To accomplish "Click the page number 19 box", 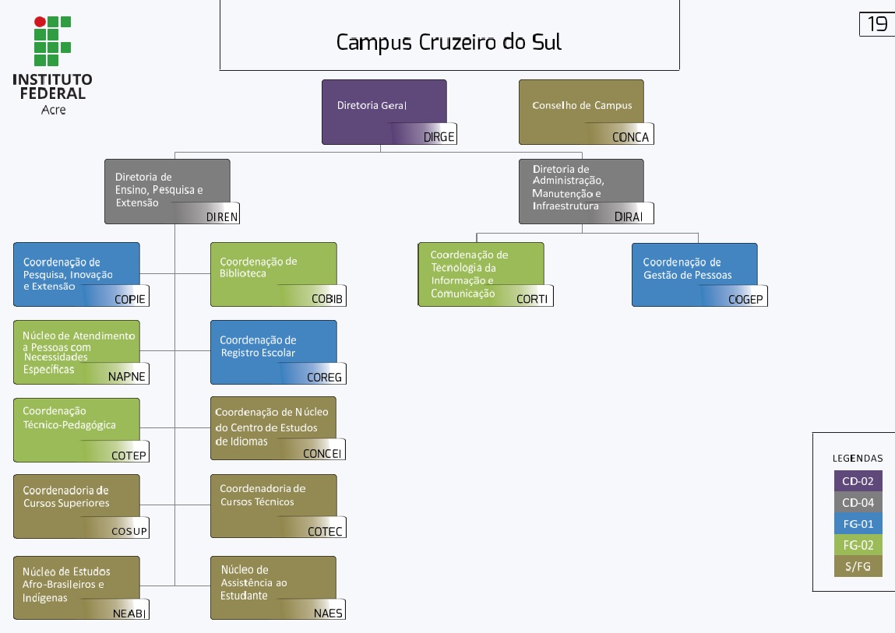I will click(x=877, y=24).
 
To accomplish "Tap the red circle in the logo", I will click(x=40, y=22).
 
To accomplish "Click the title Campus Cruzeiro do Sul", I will click(x=449, y=42).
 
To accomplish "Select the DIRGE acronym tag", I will click(x=439, y=137).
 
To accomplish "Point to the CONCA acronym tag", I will click(x=630, y=137).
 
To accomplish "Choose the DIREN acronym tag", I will click(x=222, y=217).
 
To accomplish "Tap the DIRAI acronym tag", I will click(x=629, y=217).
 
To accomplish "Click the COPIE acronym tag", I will click(x=130, y=299).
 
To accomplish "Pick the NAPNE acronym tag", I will click(x=127, y=377).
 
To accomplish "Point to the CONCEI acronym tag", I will click(x=322, y=454).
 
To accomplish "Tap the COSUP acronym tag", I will click(x=129, y=531).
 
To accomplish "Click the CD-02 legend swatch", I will click(x=858, y=480).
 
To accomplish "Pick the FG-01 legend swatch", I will click(x=858, y=523).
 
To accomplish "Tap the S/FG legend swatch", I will click(x=858, y=566).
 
